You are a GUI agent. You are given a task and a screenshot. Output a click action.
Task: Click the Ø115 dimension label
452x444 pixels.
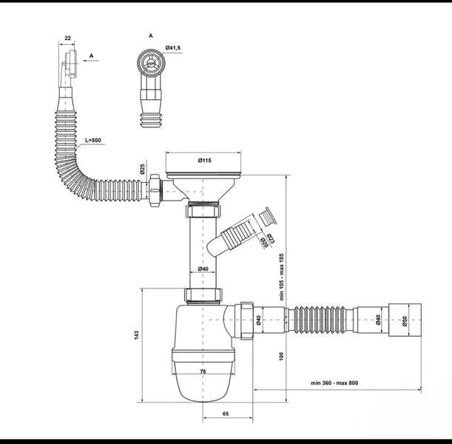pyautogui.click(x=204, y=161)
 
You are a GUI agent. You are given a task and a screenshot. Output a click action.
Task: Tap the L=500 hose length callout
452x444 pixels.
pyautogui.click(x=92, y=141)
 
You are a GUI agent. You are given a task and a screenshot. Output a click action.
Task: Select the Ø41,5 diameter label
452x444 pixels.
pyautogui.click(x=173, y=48)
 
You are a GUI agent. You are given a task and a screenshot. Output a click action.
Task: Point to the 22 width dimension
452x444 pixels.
pyautogui.click(x=67, y=38)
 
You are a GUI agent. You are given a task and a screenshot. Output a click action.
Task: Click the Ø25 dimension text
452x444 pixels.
pyautogui.click(x=142, y=169)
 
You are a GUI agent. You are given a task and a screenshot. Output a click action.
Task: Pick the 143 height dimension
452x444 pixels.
pyautogui.click(x=137, y=334)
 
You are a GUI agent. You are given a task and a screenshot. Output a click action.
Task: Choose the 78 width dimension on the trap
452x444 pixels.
pyautogui.click(x=203, y=371)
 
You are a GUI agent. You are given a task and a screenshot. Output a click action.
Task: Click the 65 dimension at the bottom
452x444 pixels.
pyautogui.click(x=226, y=414)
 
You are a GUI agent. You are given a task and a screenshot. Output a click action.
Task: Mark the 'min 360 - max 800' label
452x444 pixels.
pyautogui.click(x=334, y=383)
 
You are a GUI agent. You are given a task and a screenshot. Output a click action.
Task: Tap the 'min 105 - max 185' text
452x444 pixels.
pyautogui.click(x=282, y=277)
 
